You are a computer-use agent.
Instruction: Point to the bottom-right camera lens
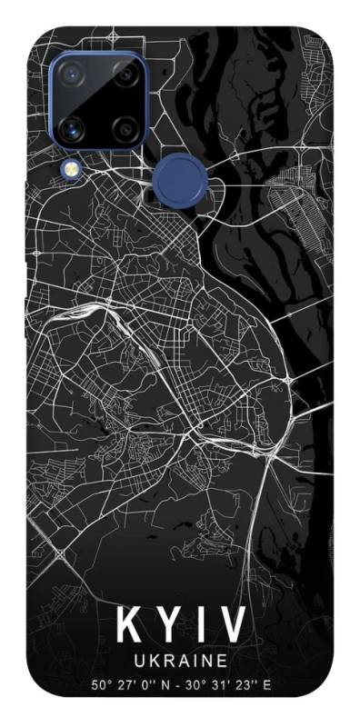124,129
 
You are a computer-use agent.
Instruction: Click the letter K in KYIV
128,625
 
